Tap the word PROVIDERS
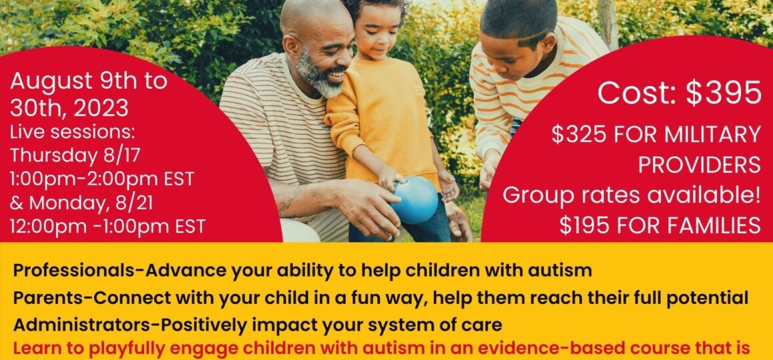pyautogui.click(x=700, y=166)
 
